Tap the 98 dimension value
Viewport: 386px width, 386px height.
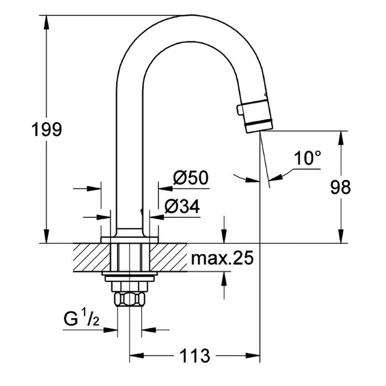pyautogui.click(x=340, y=187)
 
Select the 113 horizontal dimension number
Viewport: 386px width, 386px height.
pyautogui.click(x=195, y=356)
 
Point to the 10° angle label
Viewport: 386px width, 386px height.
pyautogui.click(x=307, y=158)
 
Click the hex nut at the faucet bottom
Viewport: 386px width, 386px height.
pyautogui.click(x=129, y=301)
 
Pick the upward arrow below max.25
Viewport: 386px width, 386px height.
pyautogui.click(x=224, y=278)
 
